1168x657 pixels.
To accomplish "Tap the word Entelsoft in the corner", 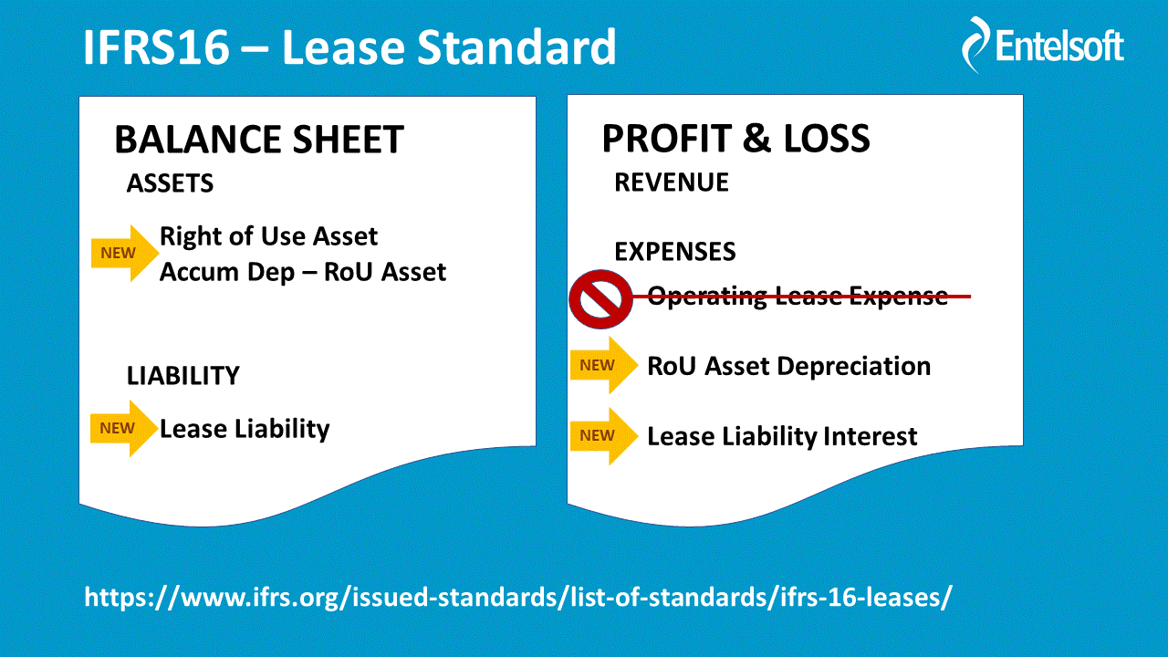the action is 1059,46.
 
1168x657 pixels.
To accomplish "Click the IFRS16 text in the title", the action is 156,47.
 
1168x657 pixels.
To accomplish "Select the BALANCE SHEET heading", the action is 259,140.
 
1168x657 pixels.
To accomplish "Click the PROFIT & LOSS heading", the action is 735,138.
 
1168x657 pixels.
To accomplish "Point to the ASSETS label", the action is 170,183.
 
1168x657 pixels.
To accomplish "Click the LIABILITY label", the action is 183,375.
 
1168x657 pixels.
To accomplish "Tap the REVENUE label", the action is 672,182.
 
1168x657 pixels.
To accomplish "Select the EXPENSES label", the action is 675,251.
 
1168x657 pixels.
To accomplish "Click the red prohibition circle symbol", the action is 600,298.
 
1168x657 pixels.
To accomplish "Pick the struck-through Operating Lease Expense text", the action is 798,297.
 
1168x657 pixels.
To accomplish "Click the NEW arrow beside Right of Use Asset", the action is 125,254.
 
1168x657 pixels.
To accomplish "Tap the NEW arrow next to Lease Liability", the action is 124,429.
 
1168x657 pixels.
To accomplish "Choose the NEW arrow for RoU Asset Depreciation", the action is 604,365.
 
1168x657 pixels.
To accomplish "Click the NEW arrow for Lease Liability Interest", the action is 604,436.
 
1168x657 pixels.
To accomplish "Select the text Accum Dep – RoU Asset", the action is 303,272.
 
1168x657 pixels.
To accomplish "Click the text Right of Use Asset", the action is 268,236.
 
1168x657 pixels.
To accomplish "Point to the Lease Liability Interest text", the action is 782,436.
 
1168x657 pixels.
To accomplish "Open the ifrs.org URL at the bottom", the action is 518,597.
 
